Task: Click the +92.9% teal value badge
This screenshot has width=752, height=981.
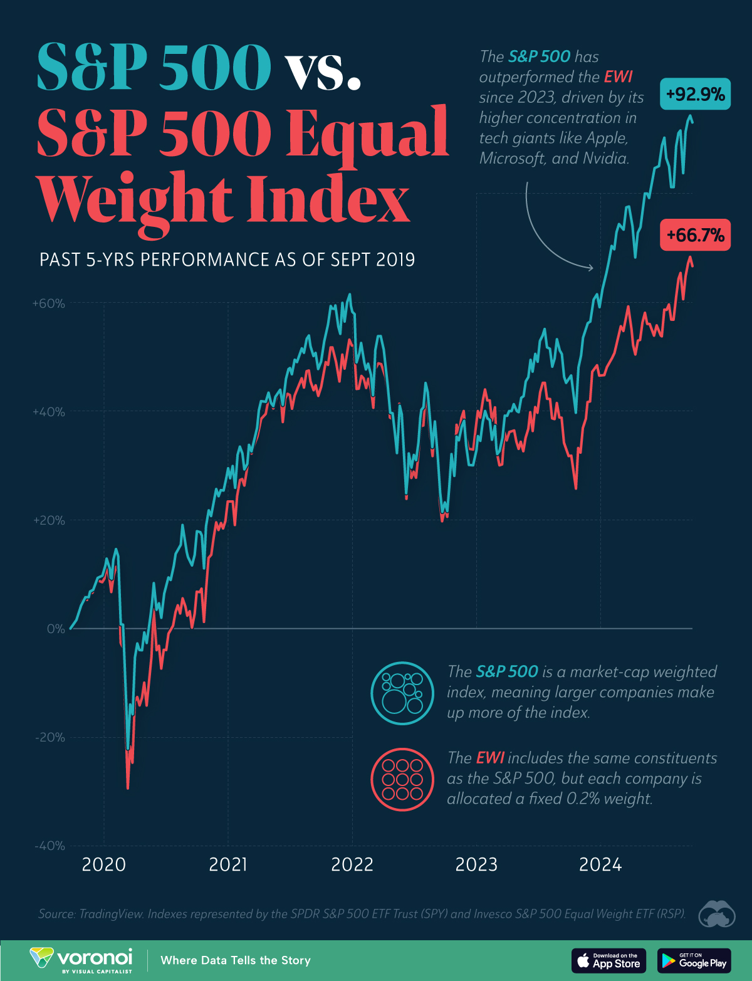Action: tap(695, 94)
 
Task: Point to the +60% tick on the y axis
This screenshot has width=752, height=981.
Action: tap(49, 303)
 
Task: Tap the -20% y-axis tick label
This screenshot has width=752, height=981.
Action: tap(49, 737)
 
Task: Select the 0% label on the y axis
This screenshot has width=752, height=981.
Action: tap(55, 629)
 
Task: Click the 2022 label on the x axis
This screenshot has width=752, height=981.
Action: tap(352, 864)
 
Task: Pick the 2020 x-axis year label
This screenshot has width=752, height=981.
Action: tap(103, 864)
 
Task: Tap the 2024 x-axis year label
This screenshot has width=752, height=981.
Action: tap(600, 864)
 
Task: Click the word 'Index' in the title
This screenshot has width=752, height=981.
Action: tap(328, 199)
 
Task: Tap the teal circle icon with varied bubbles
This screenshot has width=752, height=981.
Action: tap(402, 693)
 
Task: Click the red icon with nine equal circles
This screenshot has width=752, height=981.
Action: tap(402, 779)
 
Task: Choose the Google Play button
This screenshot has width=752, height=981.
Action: tap(694, 960)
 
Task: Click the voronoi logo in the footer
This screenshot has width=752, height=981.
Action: tap(81, 960)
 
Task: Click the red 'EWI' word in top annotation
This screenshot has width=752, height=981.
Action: tap(618, 76)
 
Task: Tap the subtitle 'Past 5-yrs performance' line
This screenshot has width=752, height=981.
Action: tap(227, 260)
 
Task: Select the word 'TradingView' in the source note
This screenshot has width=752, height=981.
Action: tap(110, 913)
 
